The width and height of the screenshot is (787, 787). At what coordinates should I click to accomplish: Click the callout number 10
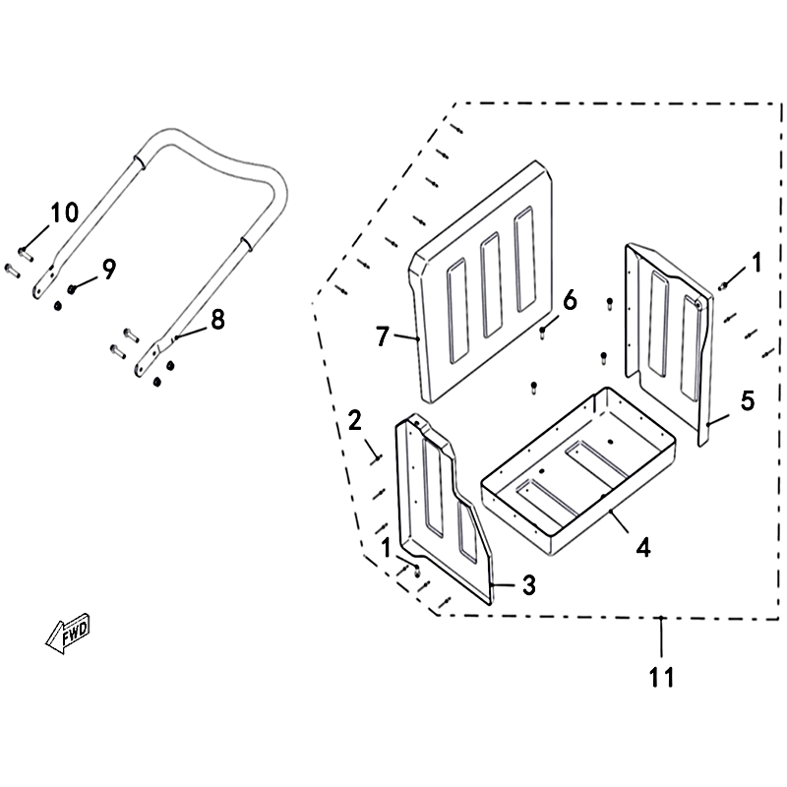[64, 212]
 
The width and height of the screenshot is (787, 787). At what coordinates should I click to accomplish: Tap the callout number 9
[109, 269]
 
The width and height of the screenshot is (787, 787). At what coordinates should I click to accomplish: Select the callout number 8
[217, 320]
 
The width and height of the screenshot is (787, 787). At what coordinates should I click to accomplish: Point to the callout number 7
[383, 336]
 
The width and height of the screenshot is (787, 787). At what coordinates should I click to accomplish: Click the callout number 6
[570, 301]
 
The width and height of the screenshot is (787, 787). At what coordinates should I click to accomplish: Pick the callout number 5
[748, 401]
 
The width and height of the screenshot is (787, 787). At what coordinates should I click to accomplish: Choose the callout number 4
[643, 547]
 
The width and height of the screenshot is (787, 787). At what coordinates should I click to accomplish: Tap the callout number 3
[529, 585]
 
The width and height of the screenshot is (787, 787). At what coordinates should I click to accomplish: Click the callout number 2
[354, 420]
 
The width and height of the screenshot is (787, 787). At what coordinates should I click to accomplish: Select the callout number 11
[661, 677]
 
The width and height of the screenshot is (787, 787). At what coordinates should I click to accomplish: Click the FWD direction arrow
[68, 633]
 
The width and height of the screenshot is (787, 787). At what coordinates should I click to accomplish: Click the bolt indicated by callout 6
[542, 333]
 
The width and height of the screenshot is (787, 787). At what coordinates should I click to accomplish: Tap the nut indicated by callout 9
[71, 288]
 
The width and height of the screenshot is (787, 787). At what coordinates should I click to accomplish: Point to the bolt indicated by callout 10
[26, 254]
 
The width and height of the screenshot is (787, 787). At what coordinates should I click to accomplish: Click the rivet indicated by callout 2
[377, 459]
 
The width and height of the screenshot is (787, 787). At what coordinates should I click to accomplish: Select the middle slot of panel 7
[491, 285]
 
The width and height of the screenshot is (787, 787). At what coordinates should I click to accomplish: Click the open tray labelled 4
[578, 471]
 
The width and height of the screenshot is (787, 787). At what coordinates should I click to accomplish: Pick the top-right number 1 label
[756, 263]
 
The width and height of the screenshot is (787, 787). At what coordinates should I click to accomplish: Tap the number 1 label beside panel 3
[386, 548]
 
